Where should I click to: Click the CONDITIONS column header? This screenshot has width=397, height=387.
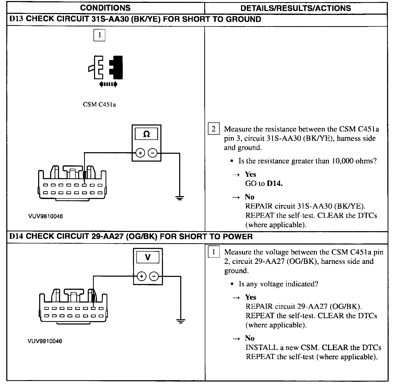105,8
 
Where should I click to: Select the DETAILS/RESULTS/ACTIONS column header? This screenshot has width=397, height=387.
296,8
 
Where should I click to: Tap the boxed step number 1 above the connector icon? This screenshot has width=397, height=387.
99,35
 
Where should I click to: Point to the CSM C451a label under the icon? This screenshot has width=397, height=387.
99,105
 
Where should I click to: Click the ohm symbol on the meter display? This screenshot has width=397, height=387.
147,134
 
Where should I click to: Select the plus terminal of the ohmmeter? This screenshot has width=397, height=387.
140,153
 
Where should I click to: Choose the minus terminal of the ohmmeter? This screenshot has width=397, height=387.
153,153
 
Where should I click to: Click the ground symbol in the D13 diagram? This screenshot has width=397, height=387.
179,198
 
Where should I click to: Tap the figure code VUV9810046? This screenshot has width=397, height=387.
46,217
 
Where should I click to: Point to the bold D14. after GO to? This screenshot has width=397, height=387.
275,184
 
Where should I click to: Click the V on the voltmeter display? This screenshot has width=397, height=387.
148,257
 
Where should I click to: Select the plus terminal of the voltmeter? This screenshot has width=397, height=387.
142,276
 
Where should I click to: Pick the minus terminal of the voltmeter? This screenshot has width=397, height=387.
154,276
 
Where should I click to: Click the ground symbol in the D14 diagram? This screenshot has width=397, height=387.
180,321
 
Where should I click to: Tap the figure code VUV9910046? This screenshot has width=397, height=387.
45,341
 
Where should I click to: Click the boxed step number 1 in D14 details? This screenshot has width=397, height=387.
213,252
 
